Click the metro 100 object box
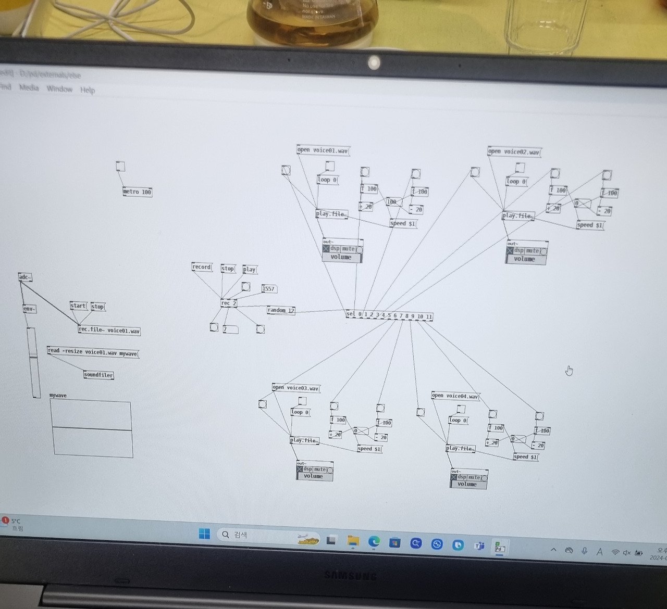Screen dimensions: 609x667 tap(137, 192)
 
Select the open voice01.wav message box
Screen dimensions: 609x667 tap(323, 150)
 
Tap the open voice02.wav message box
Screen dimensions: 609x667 tap(514, 152)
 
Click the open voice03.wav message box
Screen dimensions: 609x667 tap(295, 388)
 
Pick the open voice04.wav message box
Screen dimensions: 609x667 tap(455, 396)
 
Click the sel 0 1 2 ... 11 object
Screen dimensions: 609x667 tap(389, 315)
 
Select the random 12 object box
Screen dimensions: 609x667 tap(280, 311)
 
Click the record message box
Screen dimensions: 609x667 tap(202, 267)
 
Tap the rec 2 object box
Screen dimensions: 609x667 tap(228, 303)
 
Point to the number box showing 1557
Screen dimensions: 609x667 tap(268, 289)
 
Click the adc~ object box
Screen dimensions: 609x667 tap(24, 277)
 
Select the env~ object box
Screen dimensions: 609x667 tap(29, 309)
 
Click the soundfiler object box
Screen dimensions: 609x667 tap(98, 375)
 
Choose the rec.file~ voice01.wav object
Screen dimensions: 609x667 tap(109, 330)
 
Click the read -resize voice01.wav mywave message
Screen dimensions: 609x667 tap(93, 352)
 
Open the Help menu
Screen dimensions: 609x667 tap(88, 90)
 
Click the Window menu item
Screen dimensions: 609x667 tap(59, 89)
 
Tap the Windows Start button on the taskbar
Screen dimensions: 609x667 tap(204, 534)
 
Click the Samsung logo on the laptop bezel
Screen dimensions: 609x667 tap(350, 576)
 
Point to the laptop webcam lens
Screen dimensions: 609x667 tap(374, 63)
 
